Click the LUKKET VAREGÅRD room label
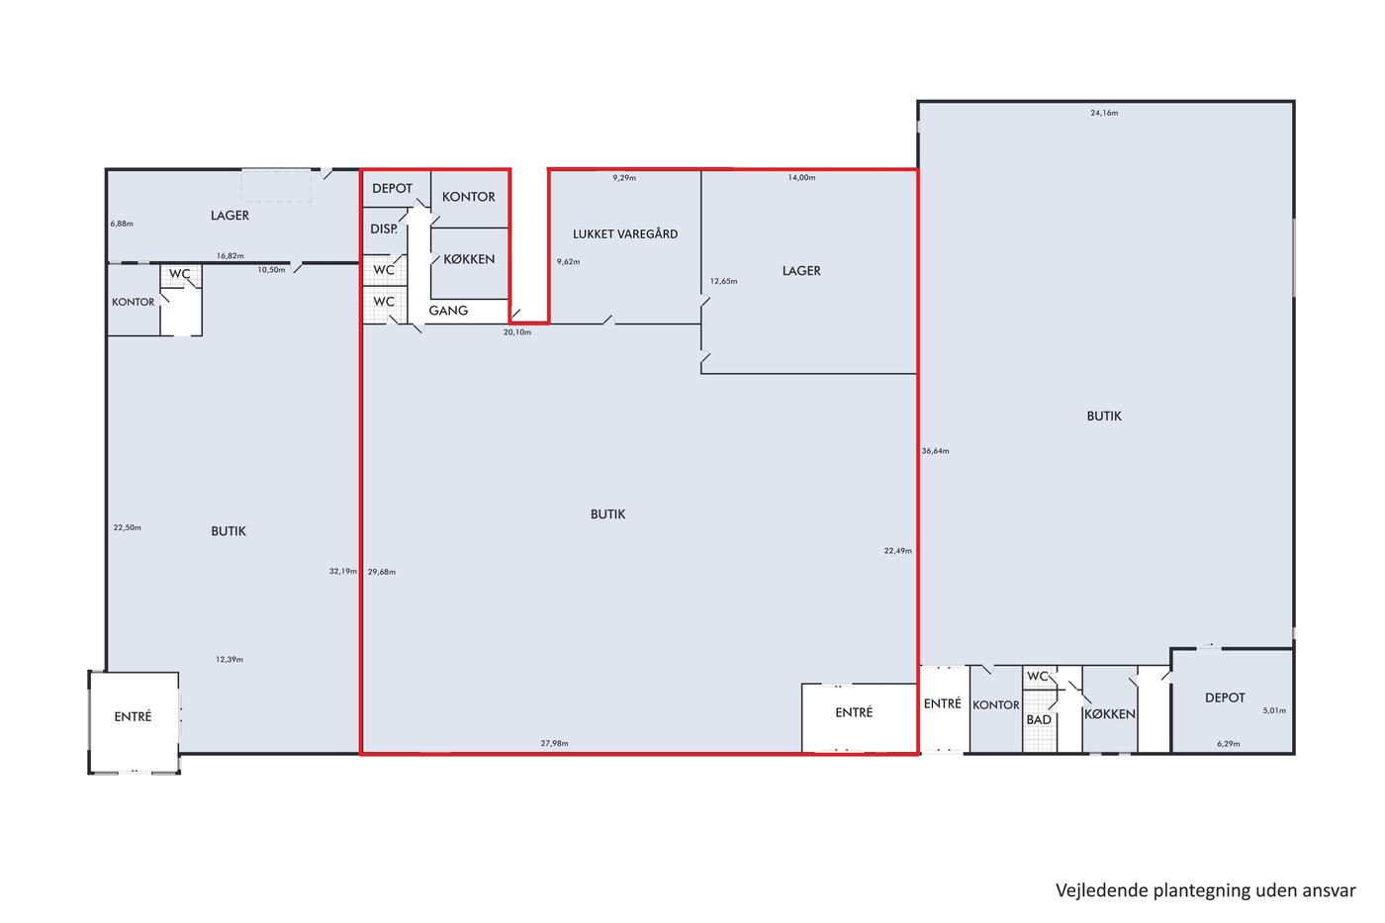coord(625,233)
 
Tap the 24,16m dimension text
coord(1104,113)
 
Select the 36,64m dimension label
coord(936,451)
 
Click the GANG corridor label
coord(448,311)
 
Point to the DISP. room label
coord(384,229)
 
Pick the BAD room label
coord(1039,719)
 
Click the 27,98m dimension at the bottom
coord(555,743)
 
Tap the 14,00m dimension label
coord(801,177)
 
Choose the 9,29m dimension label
coord(624,177)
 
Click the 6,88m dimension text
coord(122,224)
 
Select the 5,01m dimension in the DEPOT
coord(1274,710)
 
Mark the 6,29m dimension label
coord(1229,744)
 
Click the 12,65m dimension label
coord(723,281)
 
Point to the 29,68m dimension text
coord(382,572)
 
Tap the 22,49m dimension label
coord(898,550)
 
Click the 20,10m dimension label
coord(517,332)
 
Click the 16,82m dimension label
coord(230,255)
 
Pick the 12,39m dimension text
coord(230,659)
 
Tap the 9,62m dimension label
coord(568,261)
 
